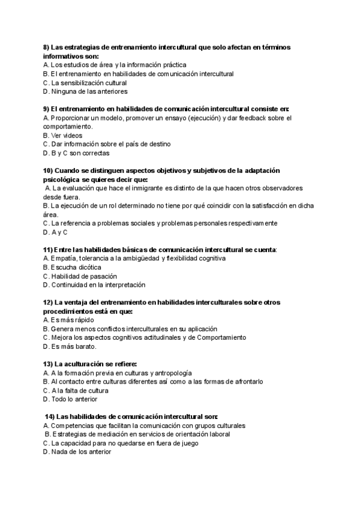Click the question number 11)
tap(48, 249)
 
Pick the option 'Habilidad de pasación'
tap(79, 276)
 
